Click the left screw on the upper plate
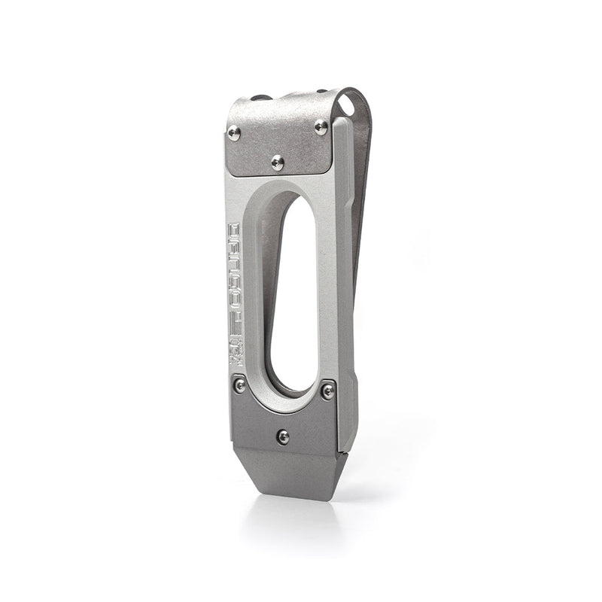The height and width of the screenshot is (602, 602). pyautogui.click(x=234, y=133)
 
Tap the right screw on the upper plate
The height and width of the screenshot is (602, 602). pyautogui.click(x=321, y=126)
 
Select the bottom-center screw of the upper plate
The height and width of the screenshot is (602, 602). pyautogui.click(x=278, y=162)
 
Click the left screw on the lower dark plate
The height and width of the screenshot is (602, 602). pyautogui.click(x=239, y=385)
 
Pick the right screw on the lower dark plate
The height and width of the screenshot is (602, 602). pyautogui.click(x=327, y=390)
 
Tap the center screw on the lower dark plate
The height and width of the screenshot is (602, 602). pyautogui.click(x=283, y=436)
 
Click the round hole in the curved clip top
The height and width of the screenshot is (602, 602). pyautogui.click(x=346, y=99)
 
